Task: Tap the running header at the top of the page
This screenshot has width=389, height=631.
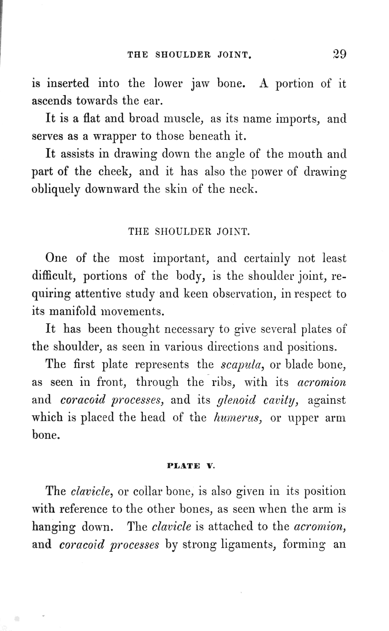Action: click(x=190, y=55)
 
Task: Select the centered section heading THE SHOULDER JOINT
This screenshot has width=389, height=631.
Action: click(x=189, y=231)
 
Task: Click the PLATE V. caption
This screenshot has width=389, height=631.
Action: click(x=191, y=466)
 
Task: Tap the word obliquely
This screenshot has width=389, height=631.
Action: click(x=56, y=189)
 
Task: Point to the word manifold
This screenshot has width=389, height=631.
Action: click(x=73, y=311)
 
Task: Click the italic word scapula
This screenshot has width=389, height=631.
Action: click(x=242, y=365)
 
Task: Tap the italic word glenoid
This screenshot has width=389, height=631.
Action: click(x=236, y=400)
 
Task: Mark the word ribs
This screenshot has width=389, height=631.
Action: click(x=224, y=382)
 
